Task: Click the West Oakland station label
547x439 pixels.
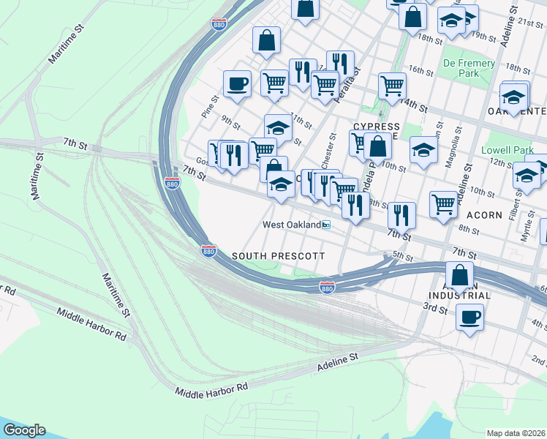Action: (x=292, y=225)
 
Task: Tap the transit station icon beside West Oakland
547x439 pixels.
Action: (x=327, y=225)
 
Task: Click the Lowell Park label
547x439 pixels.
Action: (x=513, y=150)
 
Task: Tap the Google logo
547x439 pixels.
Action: (x=23, y=430)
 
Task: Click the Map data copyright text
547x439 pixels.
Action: (x=516, y=433)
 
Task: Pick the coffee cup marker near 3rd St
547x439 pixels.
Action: (x=469, y=318)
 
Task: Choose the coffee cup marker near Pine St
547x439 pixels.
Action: (x=236, y=84)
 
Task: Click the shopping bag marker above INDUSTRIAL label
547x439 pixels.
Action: (x=459, y=277)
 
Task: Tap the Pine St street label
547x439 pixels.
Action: (x=210, y=106)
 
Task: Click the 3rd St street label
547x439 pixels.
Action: (x=437, y=309)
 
